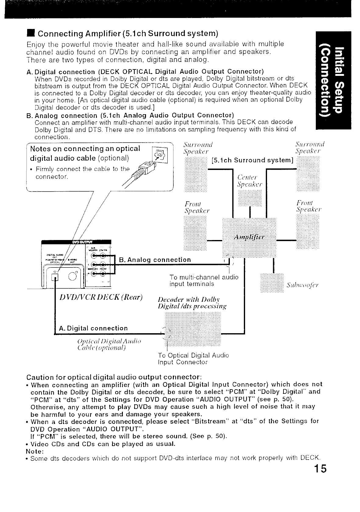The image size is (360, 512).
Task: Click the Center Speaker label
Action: point(250,181)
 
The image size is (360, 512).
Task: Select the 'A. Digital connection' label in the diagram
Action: point(93,328)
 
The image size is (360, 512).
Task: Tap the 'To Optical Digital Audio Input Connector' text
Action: point(193,358)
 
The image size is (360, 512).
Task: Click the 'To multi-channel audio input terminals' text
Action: point(204,281)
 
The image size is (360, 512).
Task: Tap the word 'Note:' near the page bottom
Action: point(35,451)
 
